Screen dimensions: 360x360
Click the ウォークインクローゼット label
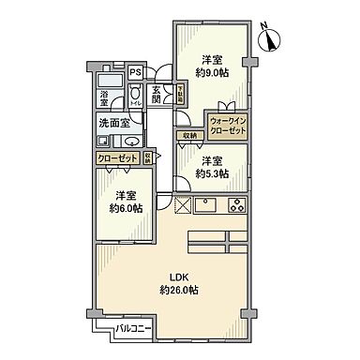tap(228, 125)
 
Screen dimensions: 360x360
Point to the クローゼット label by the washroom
tap(118, 158)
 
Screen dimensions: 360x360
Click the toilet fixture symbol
tap(136, 94)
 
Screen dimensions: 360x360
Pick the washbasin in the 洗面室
tap(102, 141)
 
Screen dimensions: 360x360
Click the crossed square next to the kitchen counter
tap(181, 205)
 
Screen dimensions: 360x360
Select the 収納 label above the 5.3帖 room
tap(190, 134)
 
